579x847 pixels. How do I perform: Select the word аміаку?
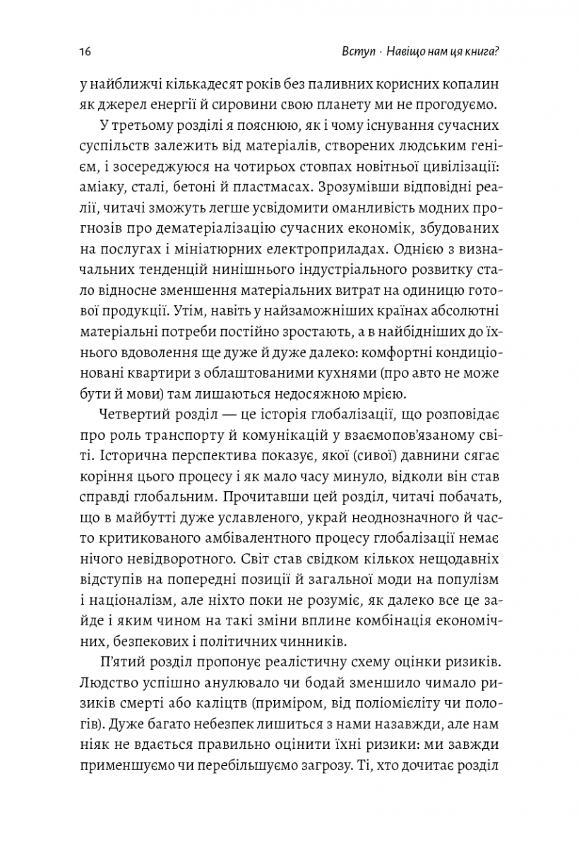coord(104,188)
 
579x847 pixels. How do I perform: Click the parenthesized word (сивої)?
coord(364,459)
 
